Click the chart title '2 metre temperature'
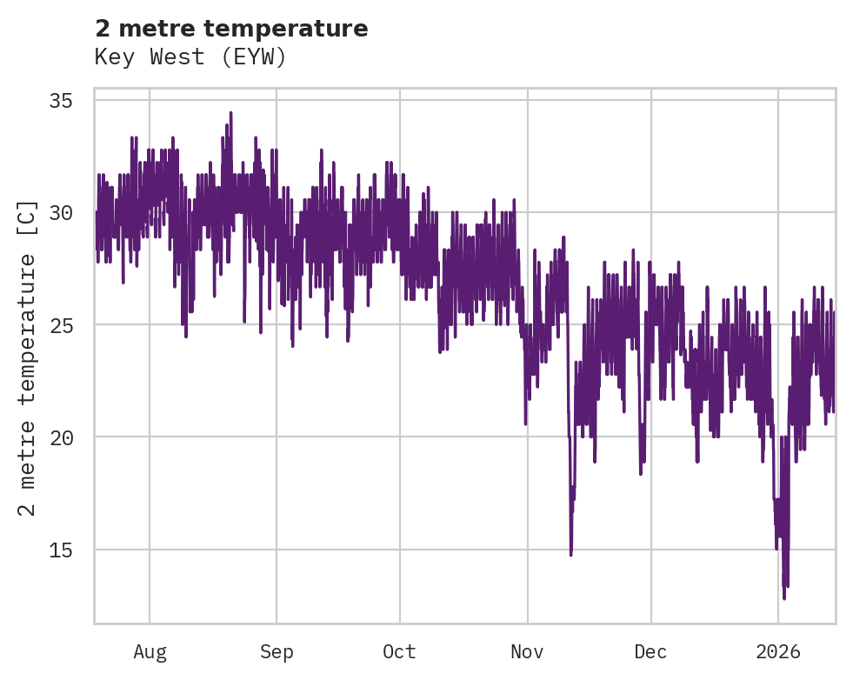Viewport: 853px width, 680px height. pos(231,29)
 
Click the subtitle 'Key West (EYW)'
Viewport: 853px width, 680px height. pos(190,57)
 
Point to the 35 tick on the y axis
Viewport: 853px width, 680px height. pos(70,101)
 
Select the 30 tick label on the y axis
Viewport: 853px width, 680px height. pos(70,213)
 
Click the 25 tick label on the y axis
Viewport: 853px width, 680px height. pos(70,325)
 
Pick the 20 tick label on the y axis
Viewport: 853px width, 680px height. pos(70,437)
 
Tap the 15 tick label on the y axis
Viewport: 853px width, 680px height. pos(70,550)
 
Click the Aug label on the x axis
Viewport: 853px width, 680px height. pos(150,651)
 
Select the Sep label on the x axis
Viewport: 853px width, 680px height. pos(277,651)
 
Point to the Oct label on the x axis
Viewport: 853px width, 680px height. pos(400,651)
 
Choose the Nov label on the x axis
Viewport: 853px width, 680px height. pos(527,651)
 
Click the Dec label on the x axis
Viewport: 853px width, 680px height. pos(650,651)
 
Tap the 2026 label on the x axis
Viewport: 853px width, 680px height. pos(777,651)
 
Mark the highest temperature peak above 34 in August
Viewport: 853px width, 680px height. pos(230,113)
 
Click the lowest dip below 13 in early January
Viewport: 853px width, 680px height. pos(783,597)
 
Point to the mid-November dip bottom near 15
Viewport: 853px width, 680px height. pos(570,554)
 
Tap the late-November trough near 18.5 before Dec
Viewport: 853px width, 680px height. pos(641,473)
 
